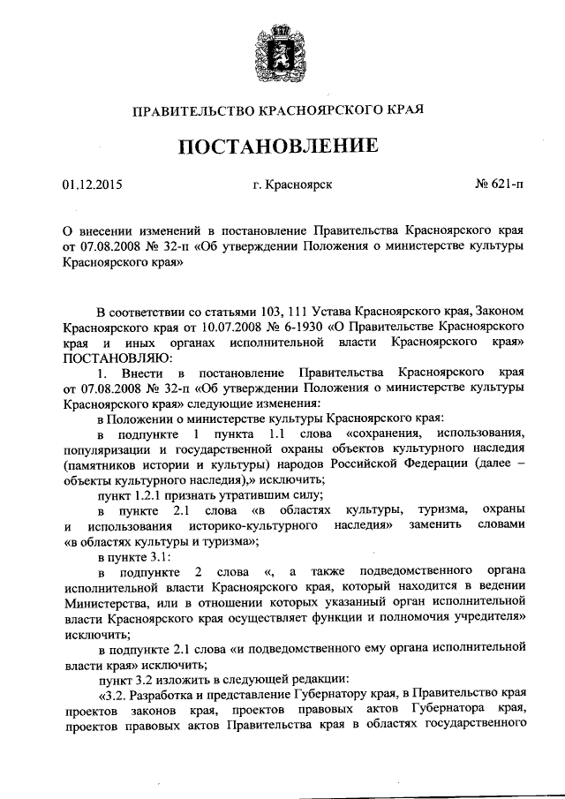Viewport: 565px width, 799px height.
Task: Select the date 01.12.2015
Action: (92, 185)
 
